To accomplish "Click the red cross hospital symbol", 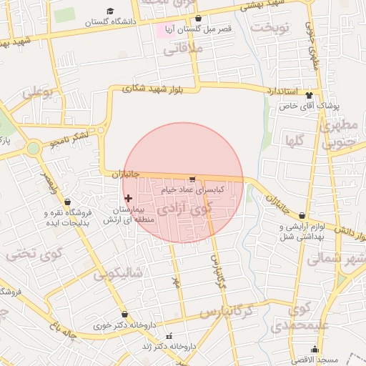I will click(x=128, y=198).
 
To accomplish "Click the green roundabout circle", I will click(x=33, y=149).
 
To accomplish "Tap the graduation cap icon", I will click(x=110, y=11).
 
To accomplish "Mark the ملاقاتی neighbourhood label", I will click(x=184, y=49).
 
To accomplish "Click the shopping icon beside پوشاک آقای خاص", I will click(x=310, y=95).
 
